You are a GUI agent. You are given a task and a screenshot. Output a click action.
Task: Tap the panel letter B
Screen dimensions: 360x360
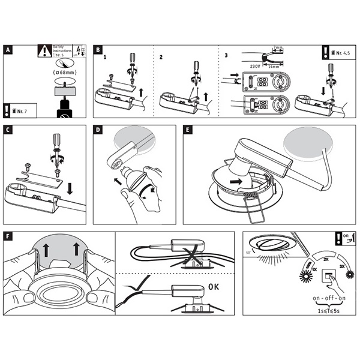tap(99, 50)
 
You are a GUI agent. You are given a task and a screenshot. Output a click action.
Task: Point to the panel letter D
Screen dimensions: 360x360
tap(99, 130)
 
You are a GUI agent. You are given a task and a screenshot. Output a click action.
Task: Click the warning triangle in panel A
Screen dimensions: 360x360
tap(43, 51)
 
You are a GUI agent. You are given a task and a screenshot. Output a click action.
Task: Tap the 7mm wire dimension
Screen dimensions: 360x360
tap(278, 47)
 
